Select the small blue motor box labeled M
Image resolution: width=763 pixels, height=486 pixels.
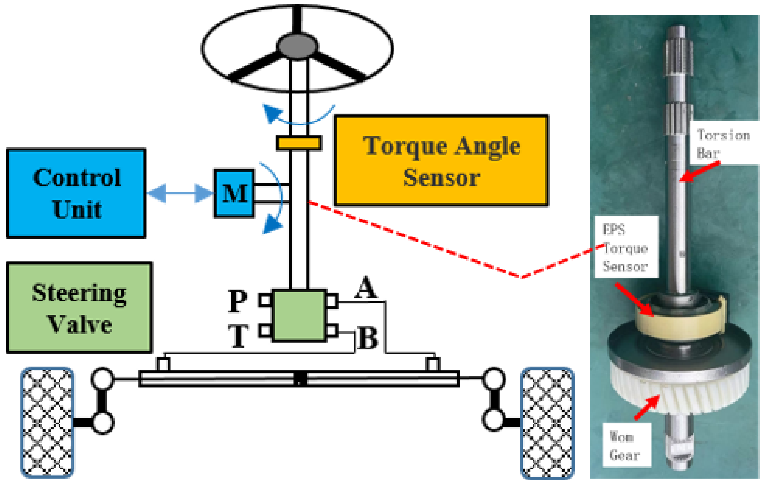pyautogui.click(x=234, y=194)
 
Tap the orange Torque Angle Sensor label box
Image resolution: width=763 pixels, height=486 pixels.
pyautogui.click(x=441, y=161)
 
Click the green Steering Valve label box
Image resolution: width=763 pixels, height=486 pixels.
pyautogui.click(x=79, y=307)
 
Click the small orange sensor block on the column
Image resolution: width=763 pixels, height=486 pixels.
pyautogui.click(x=299, y=143)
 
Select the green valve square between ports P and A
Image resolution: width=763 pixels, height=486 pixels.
pyautogui.click(x=299, y=315)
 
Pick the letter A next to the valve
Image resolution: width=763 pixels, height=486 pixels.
pyautogui.click(x=366, y=287)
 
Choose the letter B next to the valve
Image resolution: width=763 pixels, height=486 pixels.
pyautogui.click(x=368, y=338)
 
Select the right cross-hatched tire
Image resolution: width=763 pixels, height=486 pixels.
pyautogui.click(x=548, y=423)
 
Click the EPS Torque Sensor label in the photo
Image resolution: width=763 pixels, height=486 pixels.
pyautogui.click(x=626, y=247)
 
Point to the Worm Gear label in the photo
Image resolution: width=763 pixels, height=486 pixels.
pyautogui.click(x=626, y=446)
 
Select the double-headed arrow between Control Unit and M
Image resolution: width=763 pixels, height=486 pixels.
pyautogui.click(x=180, y=193)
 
